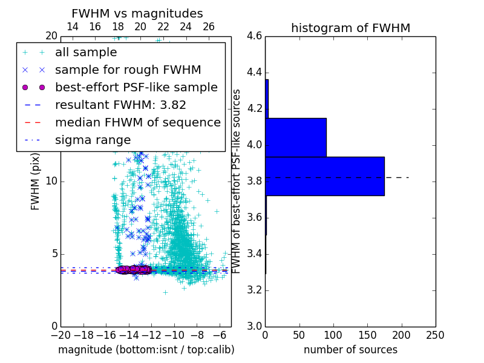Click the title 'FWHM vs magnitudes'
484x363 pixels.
tap(137, 13)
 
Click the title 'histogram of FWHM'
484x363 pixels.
tap(350, 28)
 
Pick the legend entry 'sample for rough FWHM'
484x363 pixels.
tap(128, 70)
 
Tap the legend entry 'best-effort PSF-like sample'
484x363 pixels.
tap(136, 88)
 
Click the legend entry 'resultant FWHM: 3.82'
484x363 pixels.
tap(120, 105)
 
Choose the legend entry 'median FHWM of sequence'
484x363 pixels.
tap(138, 123)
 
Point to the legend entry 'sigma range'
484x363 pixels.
tap(93, 140)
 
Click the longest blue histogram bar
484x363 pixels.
tap(325, 176)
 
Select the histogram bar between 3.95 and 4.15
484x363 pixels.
tap(296, 137)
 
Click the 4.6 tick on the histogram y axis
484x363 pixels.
tap(254, 36)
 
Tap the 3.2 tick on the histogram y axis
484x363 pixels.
tap(254, 290)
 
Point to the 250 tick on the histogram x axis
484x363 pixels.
tap(435, 335)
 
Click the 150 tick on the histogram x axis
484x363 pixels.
tap(367, 335)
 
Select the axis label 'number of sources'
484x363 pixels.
tap(350, 350)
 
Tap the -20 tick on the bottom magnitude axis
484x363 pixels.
tap(60, 335)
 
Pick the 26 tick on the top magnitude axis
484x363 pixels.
tap(209, 27)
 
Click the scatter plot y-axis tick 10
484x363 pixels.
tap(51, 181)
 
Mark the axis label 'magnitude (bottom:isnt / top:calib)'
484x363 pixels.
tap(146, 350)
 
